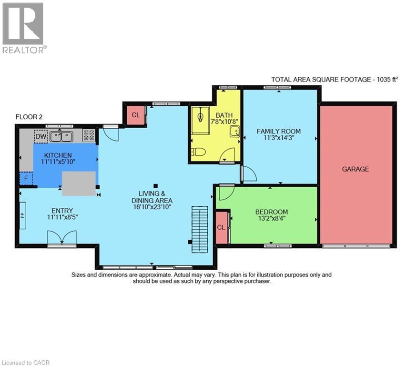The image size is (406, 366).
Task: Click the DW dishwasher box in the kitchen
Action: click(x=41, y=137)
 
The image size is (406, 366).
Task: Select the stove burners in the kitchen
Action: click(x=89, y=135)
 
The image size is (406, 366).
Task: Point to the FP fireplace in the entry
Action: click(x=22, y=215)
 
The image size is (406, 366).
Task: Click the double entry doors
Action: click(x=62, y=237)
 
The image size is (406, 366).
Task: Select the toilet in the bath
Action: click(x=198, y=152)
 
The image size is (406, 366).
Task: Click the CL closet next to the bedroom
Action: click(x=221, y=227)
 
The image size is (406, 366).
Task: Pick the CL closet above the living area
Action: click(x=135, y=115)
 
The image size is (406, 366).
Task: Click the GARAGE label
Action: click(x=355, y=169)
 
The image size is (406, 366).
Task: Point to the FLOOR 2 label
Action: click(x=30, y=117)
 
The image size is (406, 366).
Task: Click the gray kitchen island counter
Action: click(x=79, y=183)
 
